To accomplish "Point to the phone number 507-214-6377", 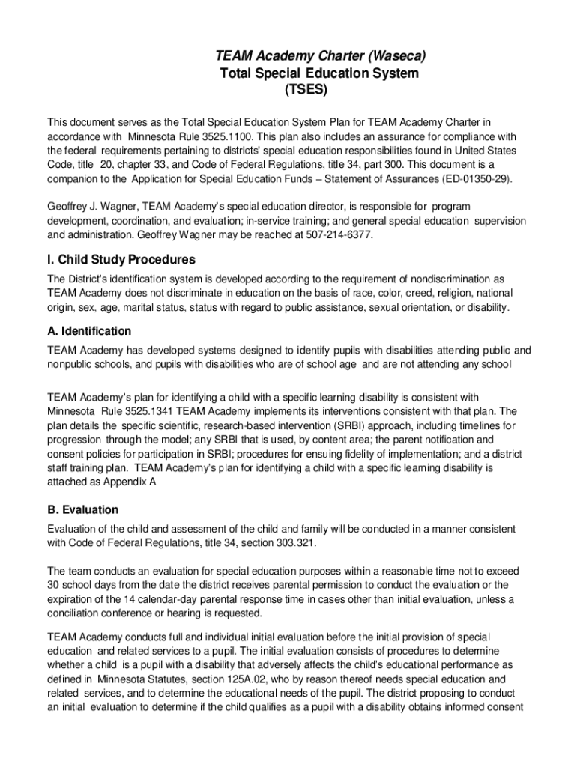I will click(339, 235).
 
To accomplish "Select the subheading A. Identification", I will click(89, 331).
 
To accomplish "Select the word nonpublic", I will click(72, 364).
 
